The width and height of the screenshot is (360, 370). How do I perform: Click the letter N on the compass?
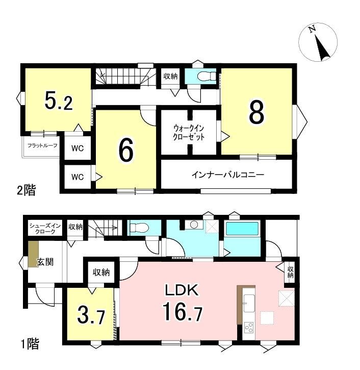[x=313, y=29]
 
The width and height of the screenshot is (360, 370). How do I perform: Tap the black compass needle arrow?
[x=322, y=48]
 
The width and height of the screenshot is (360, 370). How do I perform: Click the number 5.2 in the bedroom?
[x=59, y=102]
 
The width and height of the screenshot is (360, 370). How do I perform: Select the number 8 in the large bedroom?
[x=256, y=112]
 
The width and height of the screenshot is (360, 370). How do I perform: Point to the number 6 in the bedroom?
[x=126, y=150]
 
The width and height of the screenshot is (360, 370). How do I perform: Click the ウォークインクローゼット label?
[x=189, y=133]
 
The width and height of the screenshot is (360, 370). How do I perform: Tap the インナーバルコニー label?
[x=227, y=175]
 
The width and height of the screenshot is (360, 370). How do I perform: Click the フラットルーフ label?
[x=42, y=145]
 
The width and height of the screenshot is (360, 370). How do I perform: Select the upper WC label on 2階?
[x=78, y=149]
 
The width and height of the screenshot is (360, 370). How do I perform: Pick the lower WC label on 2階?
[x=78, y=177]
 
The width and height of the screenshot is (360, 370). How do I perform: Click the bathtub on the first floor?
[x=242, y=229]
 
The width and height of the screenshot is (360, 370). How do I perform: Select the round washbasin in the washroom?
[x=194, y=225]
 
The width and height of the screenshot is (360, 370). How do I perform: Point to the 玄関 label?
[x=45, y=262]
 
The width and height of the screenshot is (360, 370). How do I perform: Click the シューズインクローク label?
[x=45, y=229]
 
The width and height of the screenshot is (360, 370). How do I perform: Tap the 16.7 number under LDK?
[x=182, y=311]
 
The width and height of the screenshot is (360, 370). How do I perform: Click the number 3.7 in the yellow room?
[x=91, y=317]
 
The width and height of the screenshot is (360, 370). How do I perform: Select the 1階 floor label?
[x=30, y=343]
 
